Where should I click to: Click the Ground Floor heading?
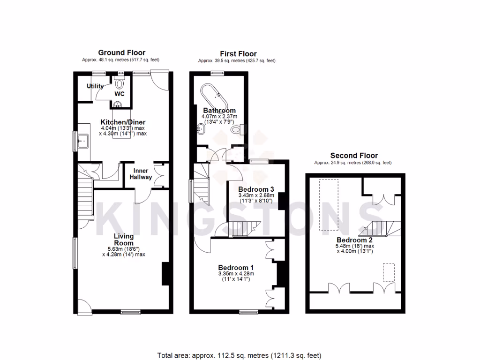[121, 53]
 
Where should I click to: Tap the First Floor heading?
[238, 54]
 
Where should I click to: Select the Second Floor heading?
[354, 156]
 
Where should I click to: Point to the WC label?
[120, 94]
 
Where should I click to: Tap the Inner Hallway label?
[142, 174]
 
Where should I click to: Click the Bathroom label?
[219, 111]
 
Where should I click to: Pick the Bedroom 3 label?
[256, 189]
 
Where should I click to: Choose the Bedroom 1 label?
[236, 268]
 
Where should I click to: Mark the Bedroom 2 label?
[355, 240]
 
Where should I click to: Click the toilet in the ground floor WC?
[120, 84]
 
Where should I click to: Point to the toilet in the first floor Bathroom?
[237, 128]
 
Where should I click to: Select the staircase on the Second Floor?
[378, 229]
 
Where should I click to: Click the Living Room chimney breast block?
[166, 274]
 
